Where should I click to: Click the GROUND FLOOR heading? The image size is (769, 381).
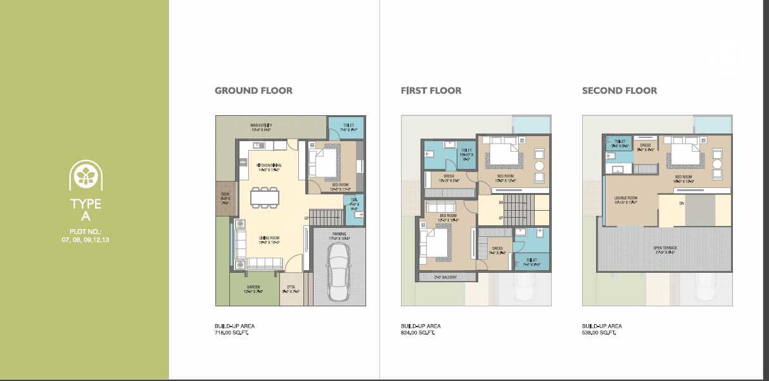tap(253, 91)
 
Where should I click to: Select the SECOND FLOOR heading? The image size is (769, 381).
tap(619, 91)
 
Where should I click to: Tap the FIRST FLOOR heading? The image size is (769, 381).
tap(431, 91)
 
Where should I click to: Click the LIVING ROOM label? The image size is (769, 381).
tap(269, 239)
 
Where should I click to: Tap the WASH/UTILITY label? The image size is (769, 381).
tap(261, 125)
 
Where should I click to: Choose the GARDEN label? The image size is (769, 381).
tap(253, 287)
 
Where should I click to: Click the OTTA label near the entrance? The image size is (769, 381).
tap(291, 287)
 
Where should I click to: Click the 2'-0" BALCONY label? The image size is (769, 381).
tap(447, 277)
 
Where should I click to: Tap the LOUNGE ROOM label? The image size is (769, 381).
tap(626, 198)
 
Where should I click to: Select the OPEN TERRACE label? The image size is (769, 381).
tap(664, 247)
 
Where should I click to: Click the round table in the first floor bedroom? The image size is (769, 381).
tap(539, 166)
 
